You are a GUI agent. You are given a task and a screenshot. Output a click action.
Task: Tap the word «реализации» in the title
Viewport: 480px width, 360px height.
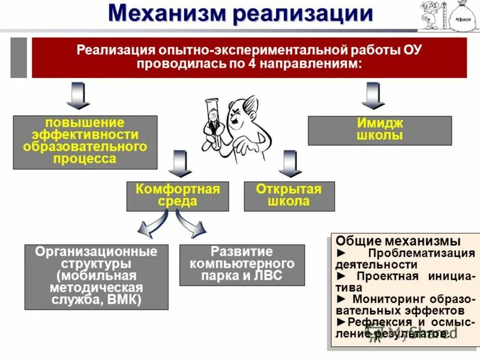[302, 13]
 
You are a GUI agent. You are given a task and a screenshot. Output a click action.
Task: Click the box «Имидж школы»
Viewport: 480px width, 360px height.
[380, 130]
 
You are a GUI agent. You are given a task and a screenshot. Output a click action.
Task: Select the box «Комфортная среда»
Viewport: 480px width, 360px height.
[178, 196]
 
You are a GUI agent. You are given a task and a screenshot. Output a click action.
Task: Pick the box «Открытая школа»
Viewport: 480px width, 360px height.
[289, 196]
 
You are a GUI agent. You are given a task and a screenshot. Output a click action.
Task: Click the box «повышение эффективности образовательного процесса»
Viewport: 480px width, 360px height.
[85, 142]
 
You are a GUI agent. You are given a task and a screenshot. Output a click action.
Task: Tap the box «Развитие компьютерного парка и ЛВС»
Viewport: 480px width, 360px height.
[242, 265]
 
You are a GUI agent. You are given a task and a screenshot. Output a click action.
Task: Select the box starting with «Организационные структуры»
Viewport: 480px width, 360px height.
[96, 277]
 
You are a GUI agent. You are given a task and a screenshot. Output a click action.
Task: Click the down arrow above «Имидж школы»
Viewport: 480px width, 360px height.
[373, 96]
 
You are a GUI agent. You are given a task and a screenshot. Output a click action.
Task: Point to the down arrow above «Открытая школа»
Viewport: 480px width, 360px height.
[292, 163]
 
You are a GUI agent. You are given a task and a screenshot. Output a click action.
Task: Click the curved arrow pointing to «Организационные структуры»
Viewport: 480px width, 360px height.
[148, 227]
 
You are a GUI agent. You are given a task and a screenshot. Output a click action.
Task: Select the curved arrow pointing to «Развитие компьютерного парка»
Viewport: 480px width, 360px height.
[192, 227]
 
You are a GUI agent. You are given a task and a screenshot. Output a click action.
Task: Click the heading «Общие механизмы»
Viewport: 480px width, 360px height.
[398, 241]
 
